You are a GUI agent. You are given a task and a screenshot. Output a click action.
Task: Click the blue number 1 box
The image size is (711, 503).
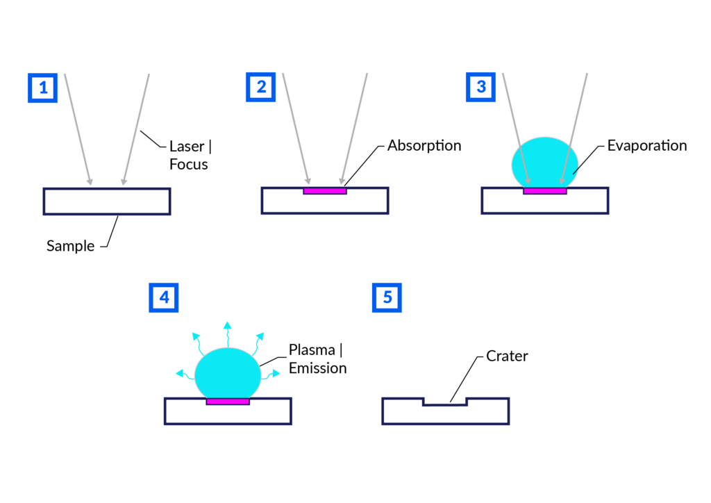click(x=42, y=88)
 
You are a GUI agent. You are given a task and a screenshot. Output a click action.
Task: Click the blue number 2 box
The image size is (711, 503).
click(x=260, y=87)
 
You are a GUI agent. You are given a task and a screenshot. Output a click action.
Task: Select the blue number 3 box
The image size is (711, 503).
click(x=480, y=87)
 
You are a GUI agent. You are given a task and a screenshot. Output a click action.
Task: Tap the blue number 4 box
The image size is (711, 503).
click(x=164, y=297)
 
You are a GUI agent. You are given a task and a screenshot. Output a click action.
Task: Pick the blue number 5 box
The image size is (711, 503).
click(x=387, y=297)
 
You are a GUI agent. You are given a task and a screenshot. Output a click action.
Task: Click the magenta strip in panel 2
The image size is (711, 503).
click(x=324, y=191)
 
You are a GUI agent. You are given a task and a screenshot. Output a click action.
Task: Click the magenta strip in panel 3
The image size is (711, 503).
click(x=545, y=191)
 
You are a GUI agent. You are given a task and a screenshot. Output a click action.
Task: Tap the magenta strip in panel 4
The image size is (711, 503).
click(x=228, y=402)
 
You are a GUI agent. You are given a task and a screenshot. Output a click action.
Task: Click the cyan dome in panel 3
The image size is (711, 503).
click(x=545, y=161)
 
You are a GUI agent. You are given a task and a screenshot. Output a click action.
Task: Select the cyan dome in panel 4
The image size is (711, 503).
click(x=228, y=373)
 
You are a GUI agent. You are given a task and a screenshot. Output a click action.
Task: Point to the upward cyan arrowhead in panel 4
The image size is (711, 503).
click(x=227, y=324)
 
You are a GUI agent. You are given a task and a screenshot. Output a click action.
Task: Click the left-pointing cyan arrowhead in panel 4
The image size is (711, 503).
click(x=179, y=373)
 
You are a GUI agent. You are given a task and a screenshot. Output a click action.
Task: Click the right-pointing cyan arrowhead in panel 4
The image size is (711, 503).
click(x=276, y=373)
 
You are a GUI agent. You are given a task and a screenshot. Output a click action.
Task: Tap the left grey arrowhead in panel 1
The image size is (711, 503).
click(x=90, y=182)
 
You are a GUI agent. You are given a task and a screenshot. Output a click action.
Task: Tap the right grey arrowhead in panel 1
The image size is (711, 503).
click(x=124, y=182)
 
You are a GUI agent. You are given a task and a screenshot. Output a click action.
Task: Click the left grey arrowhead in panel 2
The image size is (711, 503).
click(x=308, y=181)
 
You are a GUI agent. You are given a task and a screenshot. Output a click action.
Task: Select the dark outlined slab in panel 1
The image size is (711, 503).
click(x=106, y=201)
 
